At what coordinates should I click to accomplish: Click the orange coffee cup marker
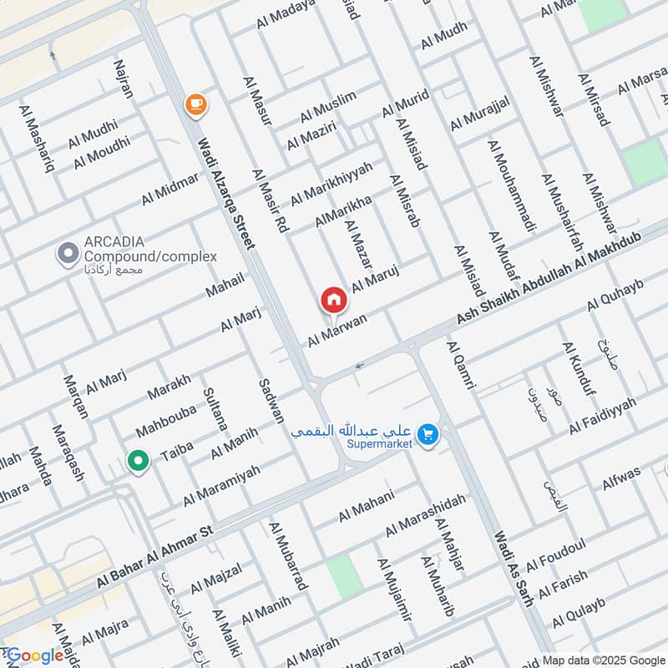click(x=196, y=104)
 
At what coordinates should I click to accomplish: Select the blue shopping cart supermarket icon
click(x=428, y=435)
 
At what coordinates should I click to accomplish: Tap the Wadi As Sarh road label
click(x=513, y=562)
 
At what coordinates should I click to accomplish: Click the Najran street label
click(x=124, y=79)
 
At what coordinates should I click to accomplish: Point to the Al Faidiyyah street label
click(x=603, y=416)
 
